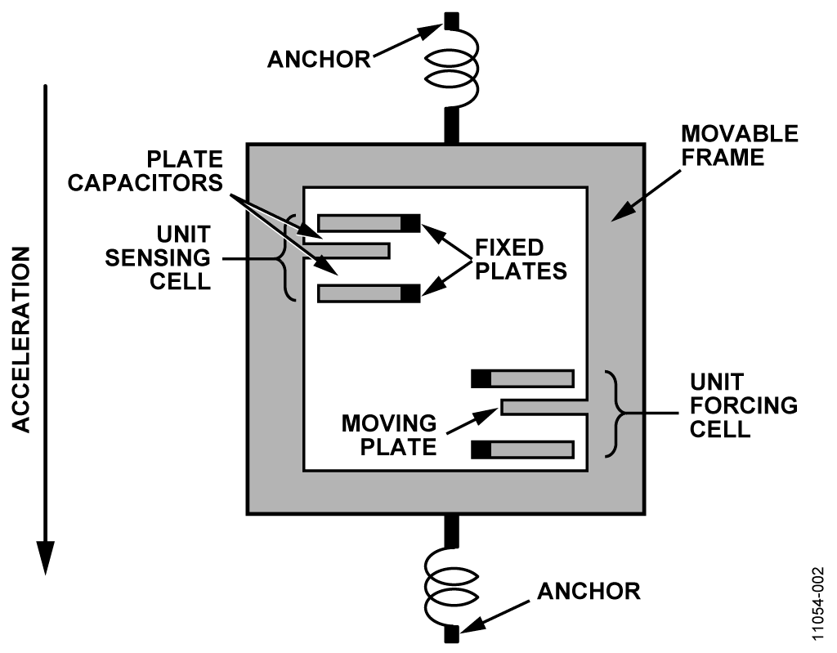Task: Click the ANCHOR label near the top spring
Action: pyautogui.click(x=319, y=60)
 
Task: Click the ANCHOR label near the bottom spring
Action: pyautogui.click(x=589, y=591)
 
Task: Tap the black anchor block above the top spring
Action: pyautogui.click(x=451, y=20)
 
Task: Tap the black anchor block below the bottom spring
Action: pyautogui.click(x=451, y=633)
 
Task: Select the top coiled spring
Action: pyautogui.click(x=451, y=69)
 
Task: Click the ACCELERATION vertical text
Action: pyautogui.click(x=20, y=340)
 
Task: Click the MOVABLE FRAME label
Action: pyautogui.click(x=740, y=145)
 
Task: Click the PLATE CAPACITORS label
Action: pyautogui.click(x=145, y=171)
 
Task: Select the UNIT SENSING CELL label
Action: pyautogui.click(x=158, y=258)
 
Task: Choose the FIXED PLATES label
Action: pyautogui.click(x=521, y=260)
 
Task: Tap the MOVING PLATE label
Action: pyautogui.click(x=389, y=435)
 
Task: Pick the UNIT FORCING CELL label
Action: pyautogui.click(x=744, y=405)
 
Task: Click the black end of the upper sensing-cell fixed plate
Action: pyautogui.click(x=410, y=223)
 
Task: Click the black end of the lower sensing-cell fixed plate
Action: pyautogui.click(x=410, y=293)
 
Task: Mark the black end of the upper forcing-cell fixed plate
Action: pyautogui.click(x=481, y=378)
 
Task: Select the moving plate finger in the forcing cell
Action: pyautogui.click(x=544, y=407)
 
